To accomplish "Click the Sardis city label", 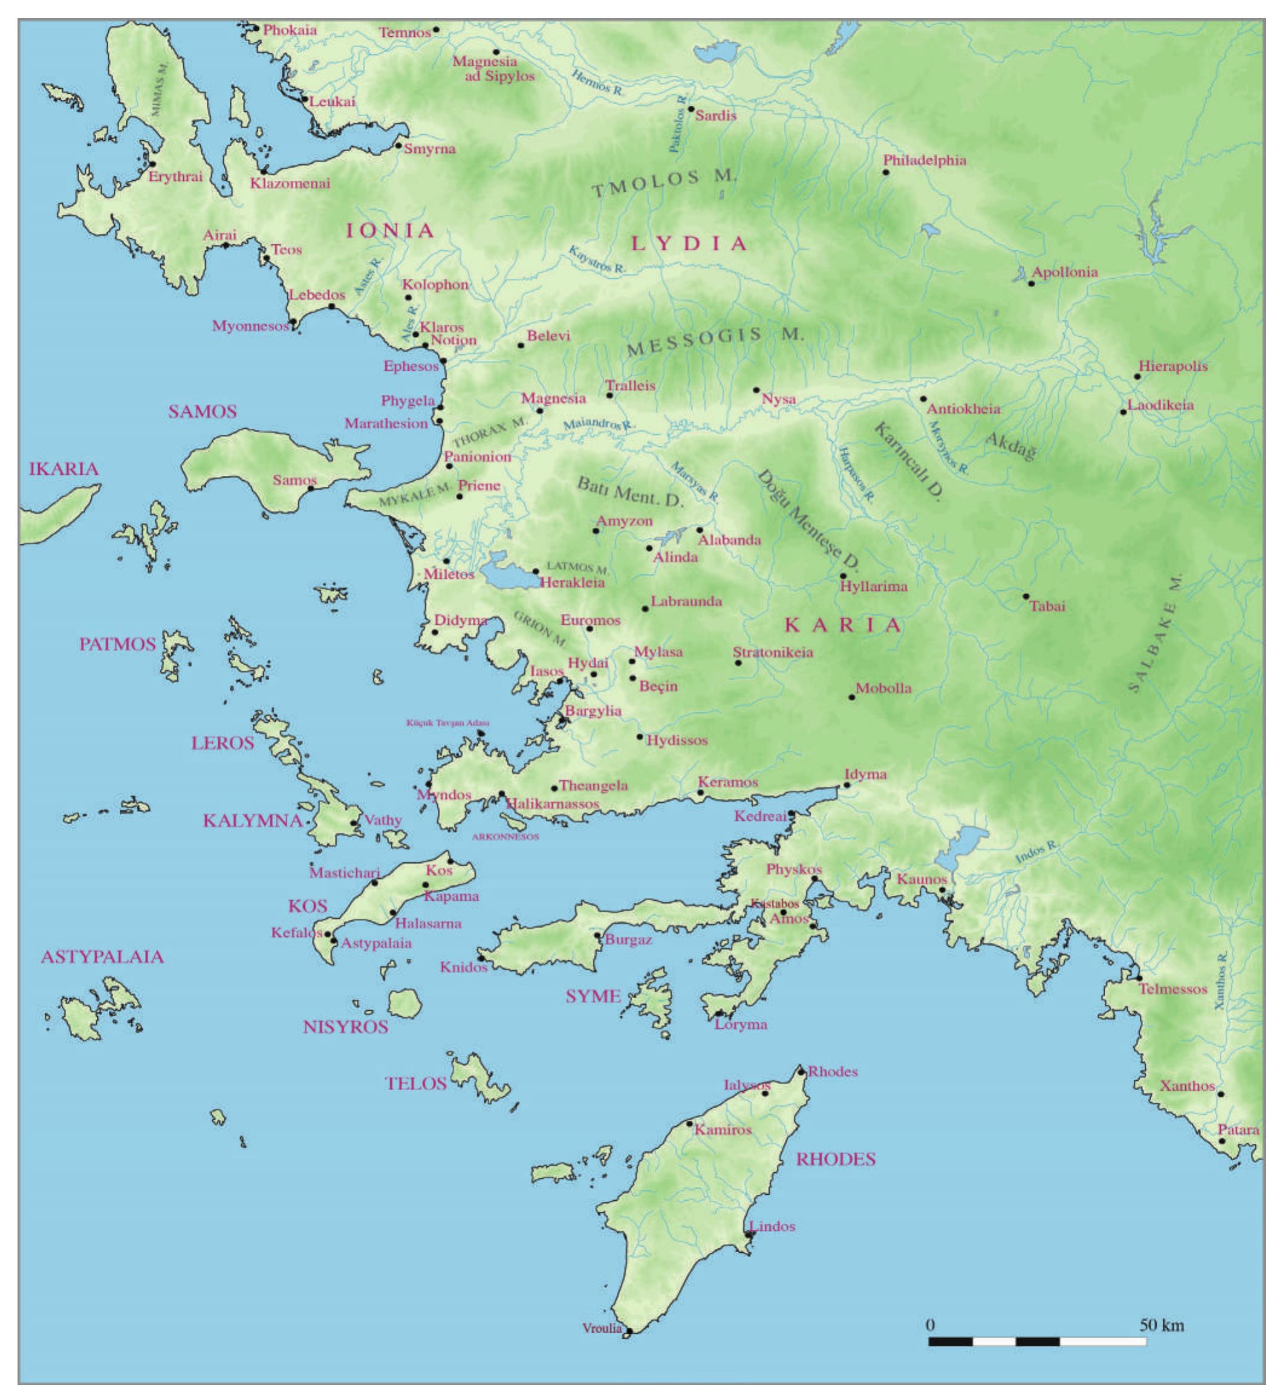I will [x=715, y=115].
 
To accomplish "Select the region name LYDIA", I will [x=689, y=243].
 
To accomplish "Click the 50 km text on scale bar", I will [x=1162, y=1325].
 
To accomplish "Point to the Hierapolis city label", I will [x=1173, y=366].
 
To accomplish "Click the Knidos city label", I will [x=464, y=967].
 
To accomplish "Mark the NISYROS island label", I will [x=345, y=1027].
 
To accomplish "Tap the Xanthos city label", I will [x=1188, y=1086].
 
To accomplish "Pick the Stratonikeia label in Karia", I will [x=773, y=652].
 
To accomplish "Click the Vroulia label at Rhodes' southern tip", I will [x=602, y=1328].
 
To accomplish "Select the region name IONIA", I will [x=390, y=230].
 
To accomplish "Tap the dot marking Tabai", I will [x=1026, y=597].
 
